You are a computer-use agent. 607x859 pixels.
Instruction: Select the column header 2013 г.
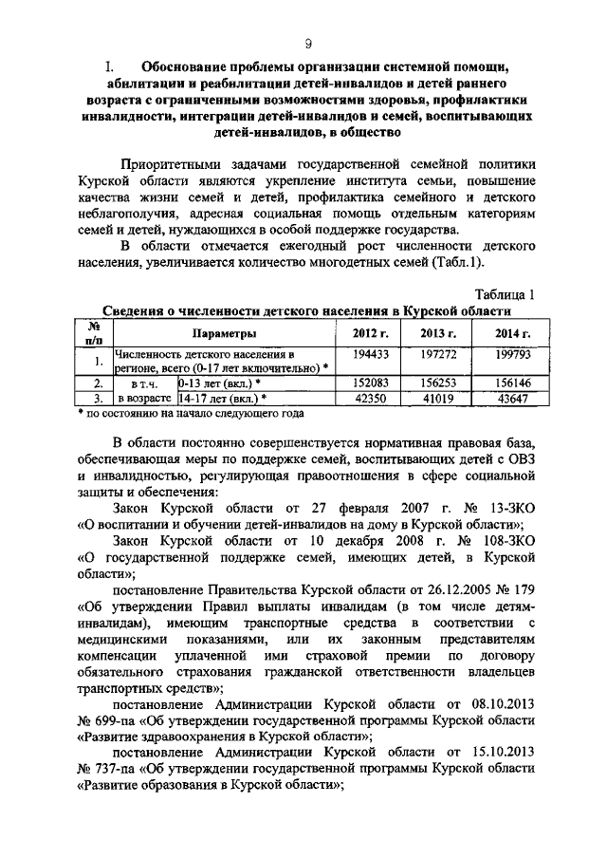439,334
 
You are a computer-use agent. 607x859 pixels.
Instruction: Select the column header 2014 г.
512,334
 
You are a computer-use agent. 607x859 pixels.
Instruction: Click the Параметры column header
225,334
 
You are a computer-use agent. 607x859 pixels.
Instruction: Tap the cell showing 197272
439,353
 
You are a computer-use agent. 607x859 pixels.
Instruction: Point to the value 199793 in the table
512,353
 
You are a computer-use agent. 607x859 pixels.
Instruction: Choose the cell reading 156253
439,383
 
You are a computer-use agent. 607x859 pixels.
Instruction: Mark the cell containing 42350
368,399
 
